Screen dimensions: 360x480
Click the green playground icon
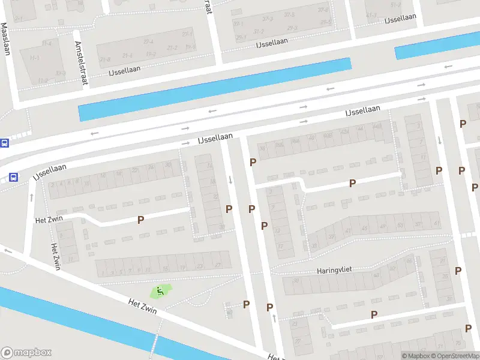[x=160, y=292]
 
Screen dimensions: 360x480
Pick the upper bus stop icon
[x=4, y=143]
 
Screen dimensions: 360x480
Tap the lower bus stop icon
[x=13, y=177]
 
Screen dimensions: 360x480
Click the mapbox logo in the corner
[x=26, y=353]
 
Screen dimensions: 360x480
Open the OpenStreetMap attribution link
[x=455, y=356]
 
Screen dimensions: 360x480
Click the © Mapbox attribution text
[x=416, y=356]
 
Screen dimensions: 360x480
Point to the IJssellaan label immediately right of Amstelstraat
[x=124, y=70]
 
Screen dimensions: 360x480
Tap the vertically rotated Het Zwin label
[x=56, y=256]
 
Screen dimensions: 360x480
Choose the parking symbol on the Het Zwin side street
[x=140, y=220]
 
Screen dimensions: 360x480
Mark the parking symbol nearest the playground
[x=246, y=304]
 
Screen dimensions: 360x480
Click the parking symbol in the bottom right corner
[x=468, y=328]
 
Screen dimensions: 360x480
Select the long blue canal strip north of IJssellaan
[x=214, y=89]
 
